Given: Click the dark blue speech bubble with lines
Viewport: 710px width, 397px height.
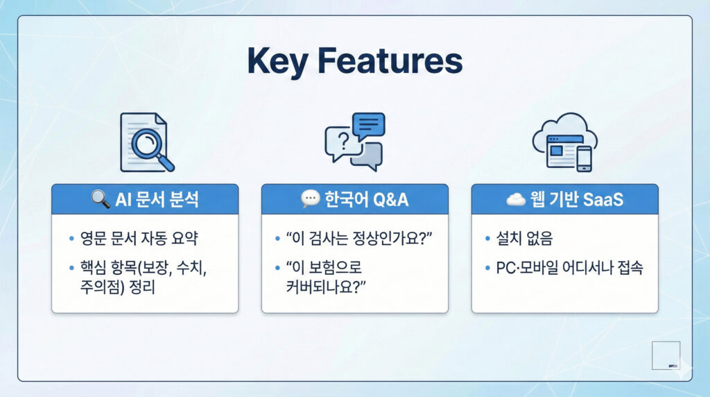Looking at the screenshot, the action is click(369, 126).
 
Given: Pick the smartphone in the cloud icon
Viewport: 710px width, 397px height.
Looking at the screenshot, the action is click(584, 159).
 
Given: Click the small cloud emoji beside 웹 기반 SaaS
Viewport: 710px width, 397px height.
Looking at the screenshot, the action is click(516, 199).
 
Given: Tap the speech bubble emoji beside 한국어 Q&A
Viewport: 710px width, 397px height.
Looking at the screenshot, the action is click(310, 199).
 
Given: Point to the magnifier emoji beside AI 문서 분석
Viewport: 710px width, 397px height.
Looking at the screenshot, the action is click(100, 199).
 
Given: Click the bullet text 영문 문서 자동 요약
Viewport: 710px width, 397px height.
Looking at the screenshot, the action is click(139, 238).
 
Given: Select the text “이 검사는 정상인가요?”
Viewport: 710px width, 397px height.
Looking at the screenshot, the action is click(359, 238).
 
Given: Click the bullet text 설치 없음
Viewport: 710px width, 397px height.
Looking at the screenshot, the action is click(524, 238).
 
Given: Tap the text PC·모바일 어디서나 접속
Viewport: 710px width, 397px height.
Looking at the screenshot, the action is click(570, 267).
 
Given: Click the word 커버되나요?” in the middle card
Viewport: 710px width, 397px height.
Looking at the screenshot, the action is click(326, 287).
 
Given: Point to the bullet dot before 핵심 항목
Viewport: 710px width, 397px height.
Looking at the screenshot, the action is click(71, 268).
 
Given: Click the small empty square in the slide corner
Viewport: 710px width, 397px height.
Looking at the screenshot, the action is click(666, 355).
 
